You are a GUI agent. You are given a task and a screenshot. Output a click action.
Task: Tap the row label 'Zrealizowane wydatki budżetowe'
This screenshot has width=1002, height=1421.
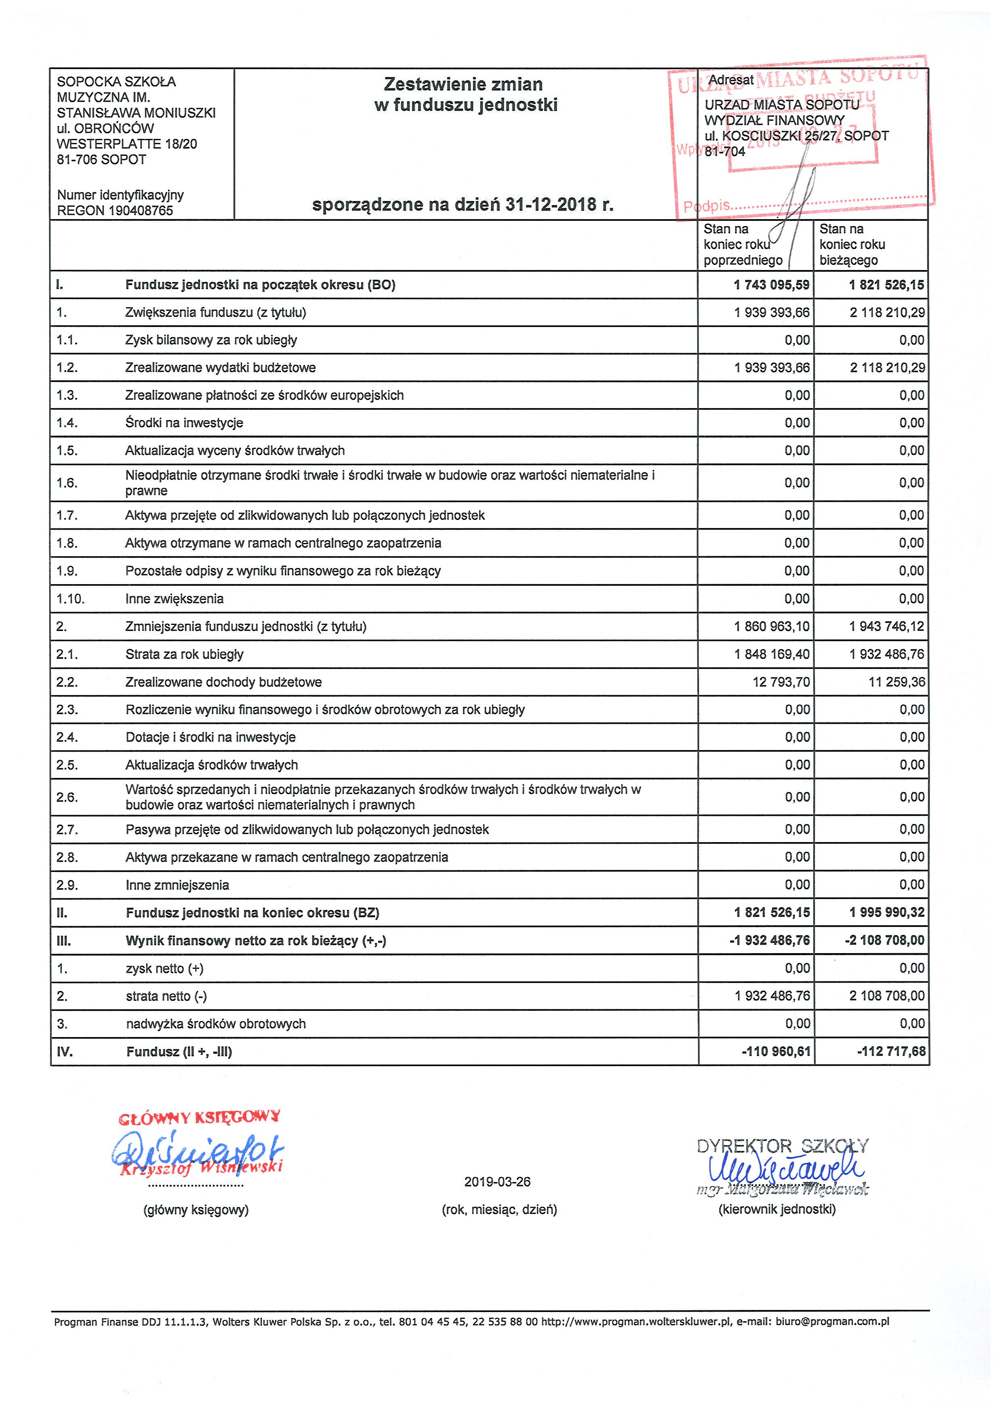pyautogui.click(x=221, y=368)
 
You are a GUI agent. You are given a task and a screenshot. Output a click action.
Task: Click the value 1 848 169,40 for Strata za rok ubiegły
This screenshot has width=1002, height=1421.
pyautogui.click(x=772, y=654)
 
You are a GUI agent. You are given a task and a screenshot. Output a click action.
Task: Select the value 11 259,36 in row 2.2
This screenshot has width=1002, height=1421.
pyautogui.click(x=897, y=682)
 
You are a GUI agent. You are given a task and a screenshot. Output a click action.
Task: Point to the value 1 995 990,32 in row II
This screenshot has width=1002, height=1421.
pyautogui.click(x=887, y=912)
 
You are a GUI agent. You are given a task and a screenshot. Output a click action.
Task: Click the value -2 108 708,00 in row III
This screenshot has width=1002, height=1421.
pyautogui.click(x=884, y=940)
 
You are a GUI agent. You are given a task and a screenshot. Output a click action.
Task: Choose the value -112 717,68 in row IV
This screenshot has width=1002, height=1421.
pyautogui.click(x=891, y=1052)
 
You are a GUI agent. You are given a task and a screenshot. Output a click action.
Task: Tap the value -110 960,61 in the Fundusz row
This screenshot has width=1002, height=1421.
pyautogui.click(x=776, y=1052)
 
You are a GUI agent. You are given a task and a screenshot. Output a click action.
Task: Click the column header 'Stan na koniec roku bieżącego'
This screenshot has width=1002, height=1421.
pyautogui.click(x=852, y=245)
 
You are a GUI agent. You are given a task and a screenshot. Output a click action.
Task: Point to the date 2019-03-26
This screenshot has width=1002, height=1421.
pyautogui.click(x=497, y=1182)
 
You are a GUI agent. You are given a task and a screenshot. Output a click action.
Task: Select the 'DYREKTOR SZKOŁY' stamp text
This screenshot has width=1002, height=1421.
pyautogui.click(x=783, y=1146)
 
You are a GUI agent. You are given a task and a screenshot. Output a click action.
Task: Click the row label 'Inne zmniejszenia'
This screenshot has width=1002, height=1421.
pyautogui.click(x=177, y=885)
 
